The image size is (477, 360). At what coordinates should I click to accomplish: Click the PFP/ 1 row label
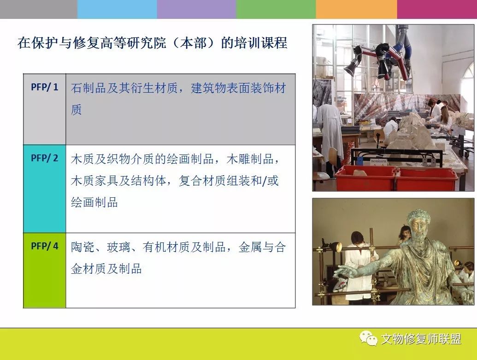coord(44,87)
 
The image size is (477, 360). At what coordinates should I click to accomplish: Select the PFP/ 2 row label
coord(44,158)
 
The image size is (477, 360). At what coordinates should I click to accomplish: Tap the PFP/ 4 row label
coord(44,246)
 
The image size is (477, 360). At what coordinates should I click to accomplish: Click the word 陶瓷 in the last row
coord(82,247)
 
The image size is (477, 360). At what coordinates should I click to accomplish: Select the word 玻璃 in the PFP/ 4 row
coord(118,247)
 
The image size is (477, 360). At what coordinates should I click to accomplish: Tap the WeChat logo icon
coord(368,338)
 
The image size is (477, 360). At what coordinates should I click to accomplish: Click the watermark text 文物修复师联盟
coord(421,339)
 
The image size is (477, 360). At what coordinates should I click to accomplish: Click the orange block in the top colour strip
coord(356,9)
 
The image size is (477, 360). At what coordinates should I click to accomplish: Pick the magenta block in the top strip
coord(437,9)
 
